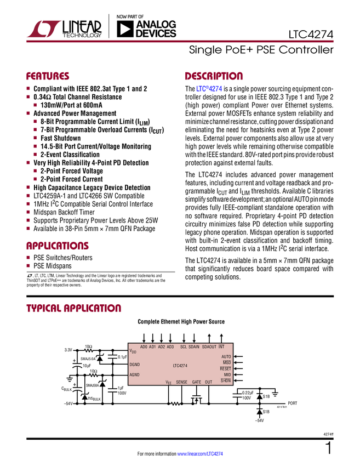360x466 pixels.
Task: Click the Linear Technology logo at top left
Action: [x=43, y=29]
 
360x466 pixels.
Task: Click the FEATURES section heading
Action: [x=48, y=77]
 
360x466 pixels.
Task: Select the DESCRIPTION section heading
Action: [x=214, y=77]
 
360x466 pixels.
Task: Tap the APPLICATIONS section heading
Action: [x=57, y=246]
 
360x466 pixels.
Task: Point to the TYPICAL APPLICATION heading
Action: [x=73, y=308]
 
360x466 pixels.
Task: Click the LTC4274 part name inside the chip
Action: [x=180, y=365]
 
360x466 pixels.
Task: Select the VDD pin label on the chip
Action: [x=133, y=351]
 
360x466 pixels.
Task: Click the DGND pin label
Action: [x=135, y=365]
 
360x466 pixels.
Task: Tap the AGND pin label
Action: [x=135, y=375]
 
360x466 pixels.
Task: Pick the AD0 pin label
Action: [x=144, y=347]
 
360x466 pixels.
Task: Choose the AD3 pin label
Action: [x=170, y=347]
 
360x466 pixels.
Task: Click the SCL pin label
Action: [x=184, y=347]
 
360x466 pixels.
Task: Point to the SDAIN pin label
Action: [x=195, y=347]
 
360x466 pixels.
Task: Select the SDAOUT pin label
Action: [x=209, y=347]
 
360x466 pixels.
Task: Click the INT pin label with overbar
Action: [x=221, y=347]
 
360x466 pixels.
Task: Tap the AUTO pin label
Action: [x=226, y=357]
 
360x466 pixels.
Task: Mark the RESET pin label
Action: [x=225, y=369]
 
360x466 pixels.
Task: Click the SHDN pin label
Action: [x=226, y=380]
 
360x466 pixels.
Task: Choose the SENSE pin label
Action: [x=181, y=382]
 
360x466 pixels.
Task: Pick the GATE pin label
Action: [x=197, y=382]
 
